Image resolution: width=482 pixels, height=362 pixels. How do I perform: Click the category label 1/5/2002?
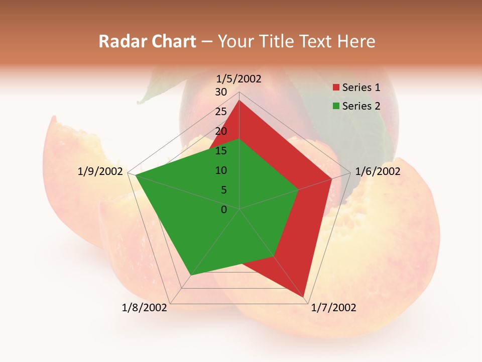pyautogui.click(x=238, y=79)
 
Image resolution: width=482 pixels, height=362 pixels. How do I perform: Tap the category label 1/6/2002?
pyautogui.click(x=378, y=171)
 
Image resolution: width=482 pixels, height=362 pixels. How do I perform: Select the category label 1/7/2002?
pyautogui.click(x=333, y=308)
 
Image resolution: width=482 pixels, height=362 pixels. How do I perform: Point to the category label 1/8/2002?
pyautogui.click(x=145, y=308)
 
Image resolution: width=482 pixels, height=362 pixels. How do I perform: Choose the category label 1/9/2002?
pyautogui.click(x=100, y=171)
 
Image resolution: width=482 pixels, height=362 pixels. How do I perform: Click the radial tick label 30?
pyautogui.click(x=221, y=92)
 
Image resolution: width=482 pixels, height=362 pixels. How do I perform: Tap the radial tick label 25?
pyautogui.click(x=221, y=112)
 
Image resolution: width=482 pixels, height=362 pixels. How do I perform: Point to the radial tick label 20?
pyautogui.click(x=221, y=131)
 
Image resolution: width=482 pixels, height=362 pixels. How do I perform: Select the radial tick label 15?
pyautogui.click(x=221, y=151)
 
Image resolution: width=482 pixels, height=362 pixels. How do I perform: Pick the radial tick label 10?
pyautogui.click(x=221, y=170)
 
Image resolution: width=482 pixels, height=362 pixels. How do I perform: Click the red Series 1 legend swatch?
pyautogui.click(x=336, y=88)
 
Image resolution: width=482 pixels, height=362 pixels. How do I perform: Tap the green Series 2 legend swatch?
pyautogui.click(x=336, y=106)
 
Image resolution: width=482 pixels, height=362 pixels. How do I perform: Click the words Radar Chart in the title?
pyautogui.click(x=147, y=41)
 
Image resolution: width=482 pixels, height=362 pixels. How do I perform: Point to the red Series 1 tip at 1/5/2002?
pyautogui.click(x=239, y=101)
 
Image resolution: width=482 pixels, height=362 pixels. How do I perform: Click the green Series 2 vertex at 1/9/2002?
pyautogui.click(x=136, y=175)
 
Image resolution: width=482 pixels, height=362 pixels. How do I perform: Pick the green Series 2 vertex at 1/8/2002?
pyautogui.click(x=190, y=276)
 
